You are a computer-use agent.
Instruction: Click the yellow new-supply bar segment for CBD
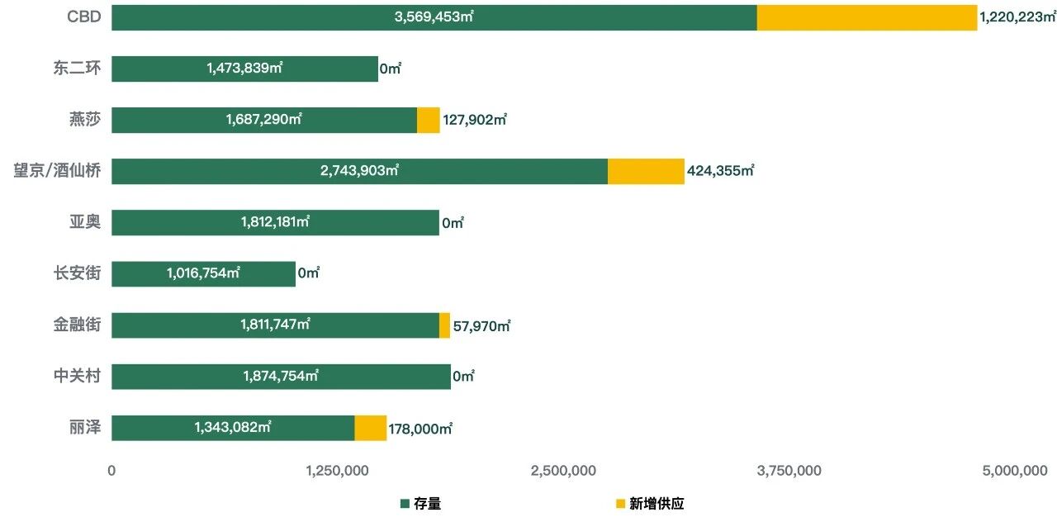coord(866,17)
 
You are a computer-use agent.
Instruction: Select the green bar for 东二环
coord(244,69)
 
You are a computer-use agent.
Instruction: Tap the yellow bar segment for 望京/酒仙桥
coord(646,171)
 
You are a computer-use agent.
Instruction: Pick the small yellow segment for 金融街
coord(444,325)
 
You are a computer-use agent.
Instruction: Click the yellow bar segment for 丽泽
coord(370,428)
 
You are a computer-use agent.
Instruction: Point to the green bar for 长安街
coord(203,273)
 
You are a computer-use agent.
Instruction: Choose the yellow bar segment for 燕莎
coord(428,120)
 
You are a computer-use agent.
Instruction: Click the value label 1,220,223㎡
coord(1017,17)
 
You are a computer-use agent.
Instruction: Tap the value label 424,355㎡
coord(720,171)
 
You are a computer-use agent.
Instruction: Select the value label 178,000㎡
coord(420,428)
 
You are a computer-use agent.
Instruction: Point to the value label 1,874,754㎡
coord(280,376)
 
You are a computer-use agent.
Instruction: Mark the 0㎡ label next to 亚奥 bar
coord(453,223)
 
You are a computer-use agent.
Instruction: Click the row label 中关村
coord(77,376)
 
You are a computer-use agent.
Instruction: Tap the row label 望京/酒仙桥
coord(57,171)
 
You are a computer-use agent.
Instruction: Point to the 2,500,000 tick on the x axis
coord(563,471)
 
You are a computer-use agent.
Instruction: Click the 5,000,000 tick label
coord(1014,471)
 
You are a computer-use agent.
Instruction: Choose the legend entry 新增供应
coord(656,503)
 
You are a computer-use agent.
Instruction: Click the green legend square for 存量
coord(405,503)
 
